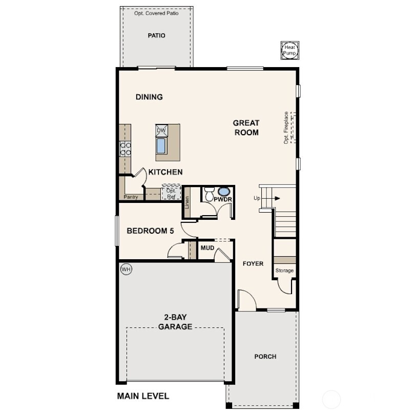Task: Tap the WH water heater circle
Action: [x=126, y=268]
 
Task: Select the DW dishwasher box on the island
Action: [x=161, y=130]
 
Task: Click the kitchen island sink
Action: [x=161, y=146]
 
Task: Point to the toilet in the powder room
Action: [x=209, y=195]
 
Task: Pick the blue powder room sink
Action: [x=224, y=192]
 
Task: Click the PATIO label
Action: [x=156, y=36]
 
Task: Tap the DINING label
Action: [x=149, y=97]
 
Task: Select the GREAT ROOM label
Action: [x=246, y=128]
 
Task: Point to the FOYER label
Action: [x=253, y=264]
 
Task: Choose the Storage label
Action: [x=284, y=271]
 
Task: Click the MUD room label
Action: [x=207, y=248]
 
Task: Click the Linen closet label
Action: [x=187, y=204]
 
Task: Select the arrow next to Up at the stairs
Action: [x=275, y=198]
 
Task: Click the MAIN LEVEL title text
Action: [x=143, y=396]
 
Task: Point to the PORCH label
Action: [x=265, y=357]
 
